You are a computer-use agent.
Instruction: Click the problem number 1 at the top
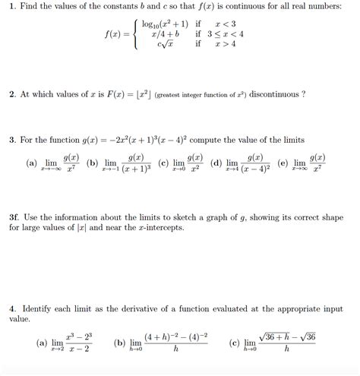[x=12, y=7]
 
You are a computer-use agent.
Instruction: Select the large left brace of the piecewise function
[x=135, y=34]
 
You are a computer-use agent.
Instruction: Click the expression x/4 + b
[x=165, y=34]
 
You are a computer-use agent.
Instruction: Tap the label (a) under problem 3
[x=31, y=163]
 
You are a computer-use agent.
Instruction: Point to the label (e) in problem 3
[x=283, y=163]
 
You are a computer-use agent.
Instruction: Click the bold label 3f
[x=15, y=216]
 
